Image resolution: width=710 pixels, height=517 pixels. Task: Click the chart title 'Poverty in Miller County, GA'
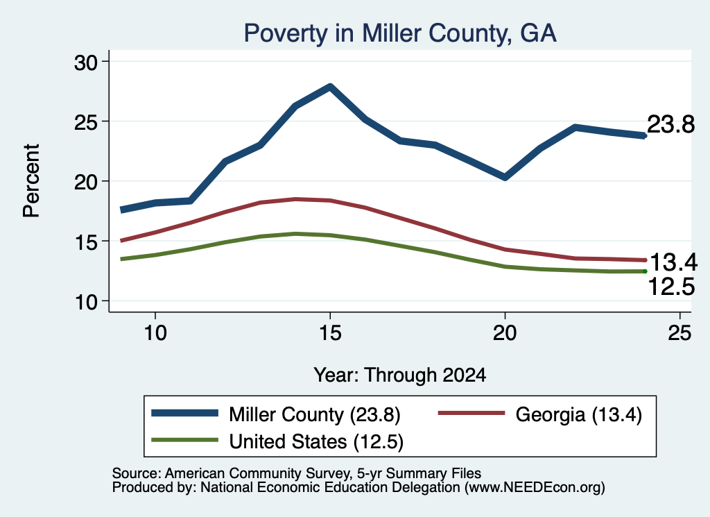[400, 33]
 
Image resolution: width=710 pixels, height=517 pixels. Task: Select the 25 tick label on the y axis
[86, 122]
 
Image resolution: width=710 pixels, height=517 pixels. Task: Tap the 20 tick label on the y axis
[86, 182]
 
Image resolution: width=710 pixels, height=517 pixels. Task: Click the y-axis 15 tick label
[86, 242]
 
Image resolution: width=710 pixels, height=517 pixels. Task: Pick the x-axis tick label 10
[155, 333]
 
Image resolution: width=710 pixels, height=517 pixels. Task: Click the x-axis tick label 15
[330, 333]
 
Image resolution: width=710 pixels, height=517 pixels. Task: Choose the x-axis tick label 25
[679, 333]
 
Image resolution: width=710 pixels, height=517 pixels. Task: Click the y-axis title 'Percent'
[31, 181]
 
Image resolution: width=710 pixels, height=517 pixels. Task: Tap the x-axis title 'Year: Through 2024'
[400, 375]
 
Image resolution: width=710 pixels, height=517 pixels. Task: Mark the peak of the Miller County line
[330, 87]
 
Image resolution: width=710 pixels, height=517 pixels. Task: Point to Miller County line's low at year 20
[505, 177]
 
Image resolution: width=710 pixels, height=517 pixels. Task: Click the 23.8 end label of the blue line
[670, 124]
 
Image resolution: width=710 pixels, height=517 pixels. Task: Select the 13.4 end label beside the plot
[673, 262]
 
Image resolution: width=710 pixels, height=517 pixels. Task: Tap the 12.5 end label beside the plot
[671, 287]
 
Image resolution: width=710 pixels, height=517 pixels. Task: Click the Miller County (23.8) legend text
[315, 414]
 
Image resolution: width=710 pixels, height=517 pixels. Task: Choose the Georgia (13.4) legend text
[579, 414]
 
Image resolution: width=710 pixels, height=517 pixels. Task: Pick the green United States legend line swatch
[184, 440]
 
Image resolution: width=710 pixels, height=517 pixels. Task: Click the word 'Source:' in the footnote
[137, 473]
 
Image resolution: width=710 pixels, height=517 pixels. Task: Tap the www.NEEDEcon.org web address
[534, 488]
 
